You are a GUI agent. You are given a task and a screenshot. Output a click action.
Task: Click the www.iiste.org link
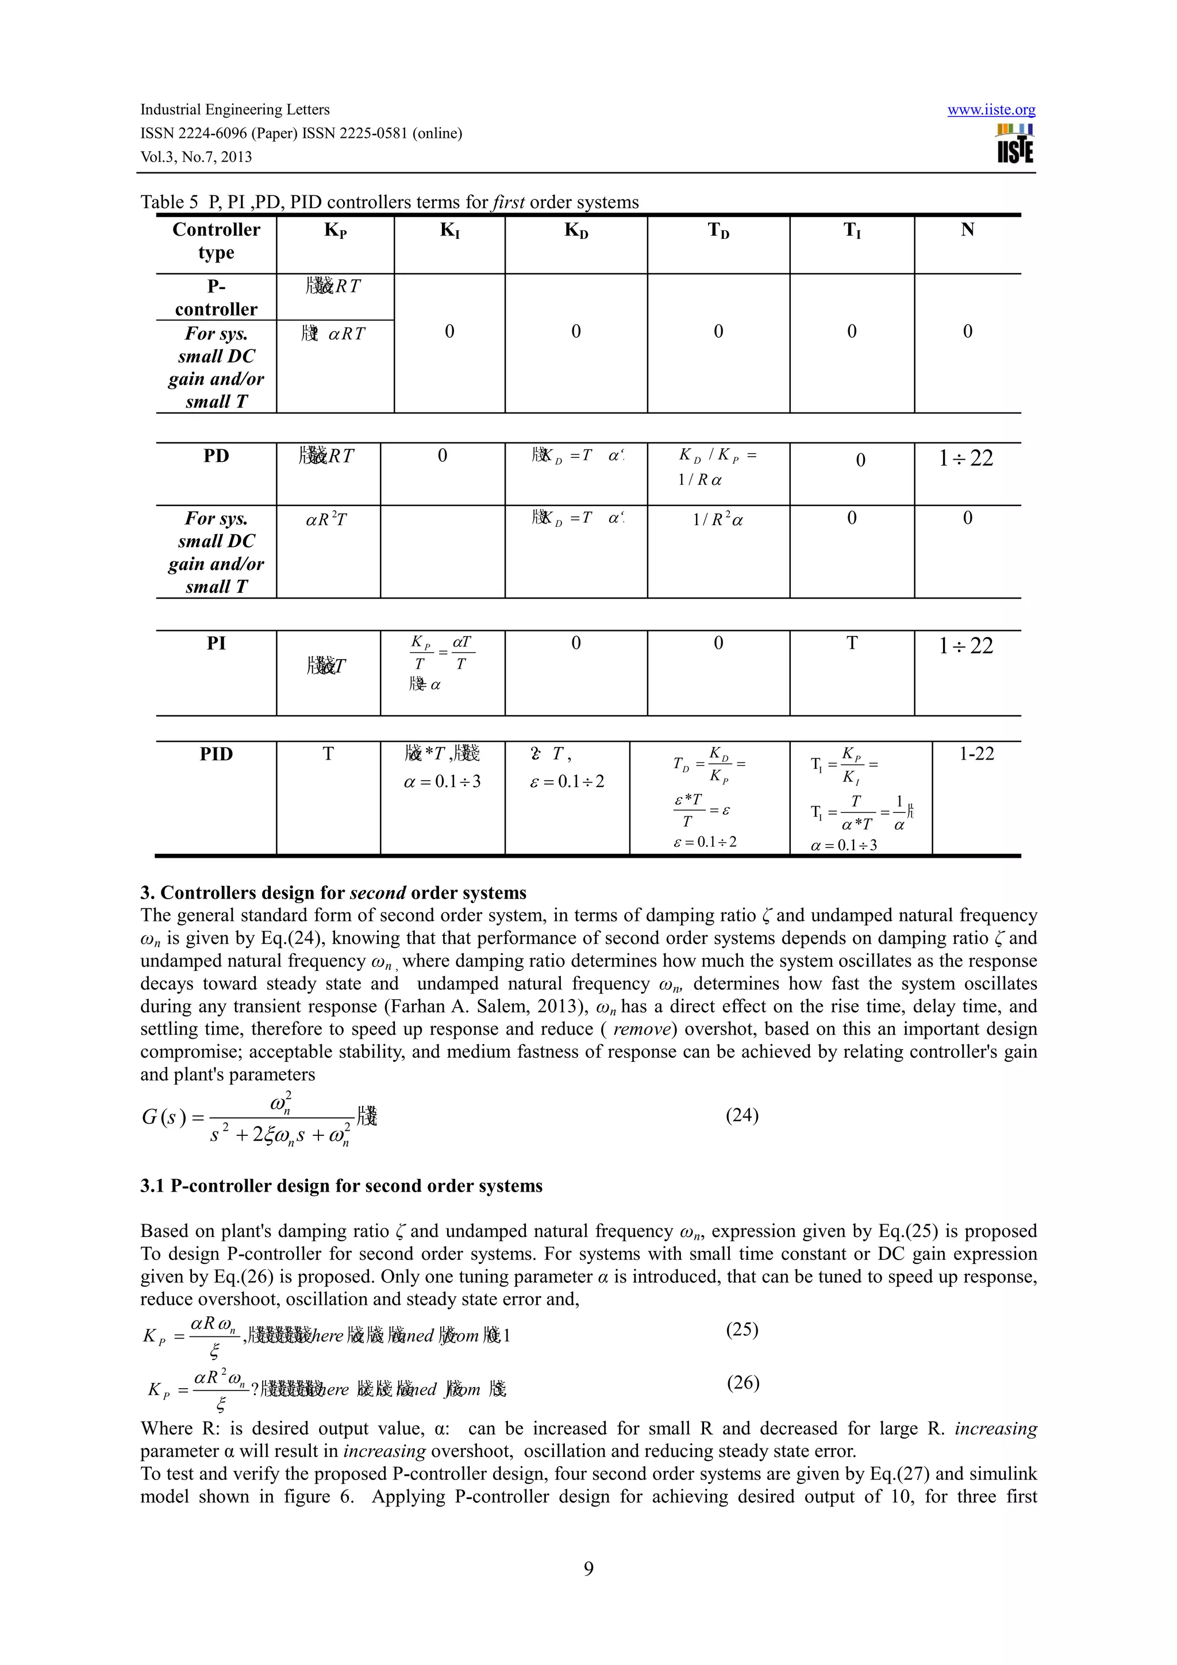tap(991, 110)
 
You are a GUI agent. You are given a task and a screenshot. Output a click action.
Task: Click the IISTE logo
tap(1014, 144)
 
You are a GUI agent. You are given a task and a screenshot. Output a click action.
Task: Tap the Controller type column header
tap(216, 241)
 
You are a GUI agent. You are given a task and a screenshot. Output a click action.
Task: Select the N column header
tap(967, 230)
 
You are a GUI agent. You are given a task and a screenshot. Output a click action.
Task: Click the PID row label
tap(216, 754)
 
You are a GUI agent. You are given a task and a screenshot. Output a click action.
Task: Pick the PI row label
tap(216, 643)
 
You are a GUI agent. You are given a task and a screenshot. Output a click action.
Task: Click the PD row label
tap(216, 456)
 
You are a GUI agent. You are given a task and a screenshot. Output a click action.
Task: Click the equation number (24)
tap(742, 1115)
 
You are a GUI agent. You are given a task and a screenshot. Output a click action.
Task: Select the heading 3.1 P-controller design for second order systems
tap(341, 1186)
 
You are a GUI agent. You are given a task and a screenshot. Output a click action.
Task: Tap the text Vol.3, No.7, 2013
tap(196, 157)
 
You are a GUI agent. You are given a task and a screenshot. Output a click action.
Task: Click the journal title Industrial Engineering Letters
tap(234, 110)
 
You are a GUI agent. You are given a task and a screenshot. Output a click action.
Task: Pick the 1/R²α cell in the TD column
tap(717, 519)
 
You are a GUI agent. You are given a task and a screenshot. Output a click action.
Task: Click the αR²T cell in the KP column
tap(326, 519)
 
